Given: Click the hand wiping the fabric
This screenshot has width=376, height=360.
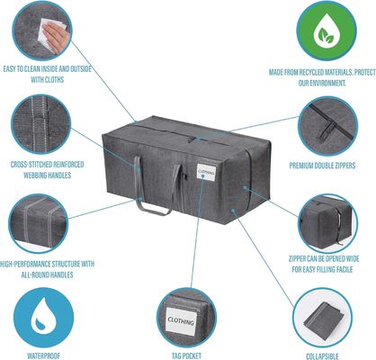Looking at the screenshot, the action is point(56,35).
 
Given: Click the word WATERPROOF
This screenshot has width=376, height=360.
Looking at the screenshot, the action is point(43,355).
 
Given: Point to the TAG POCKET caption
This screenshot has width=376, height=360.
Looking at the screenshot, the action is point(186,355).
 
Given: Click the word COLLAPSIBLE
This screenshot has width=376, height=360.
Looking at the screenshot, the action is point(322,356).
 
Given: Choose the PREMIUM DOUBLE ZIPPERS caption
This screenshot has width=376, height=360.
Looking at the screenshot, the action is point(322,166).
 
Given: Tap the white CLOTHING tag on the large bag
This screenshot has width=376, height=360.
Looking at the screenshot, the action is point(206,172).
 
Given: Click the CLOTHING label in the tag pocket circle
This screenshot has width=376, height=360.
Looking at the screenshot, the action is point(181,320).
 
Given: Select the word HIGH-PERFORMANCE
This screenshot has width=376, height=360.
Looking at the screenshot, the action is point(25,265).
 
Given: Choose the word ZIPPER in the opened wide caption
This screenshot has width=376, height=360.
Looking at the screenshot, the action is point(298,258).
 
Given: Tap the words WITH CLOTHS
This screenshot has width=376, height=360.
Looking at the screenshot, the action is point(48,80).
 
